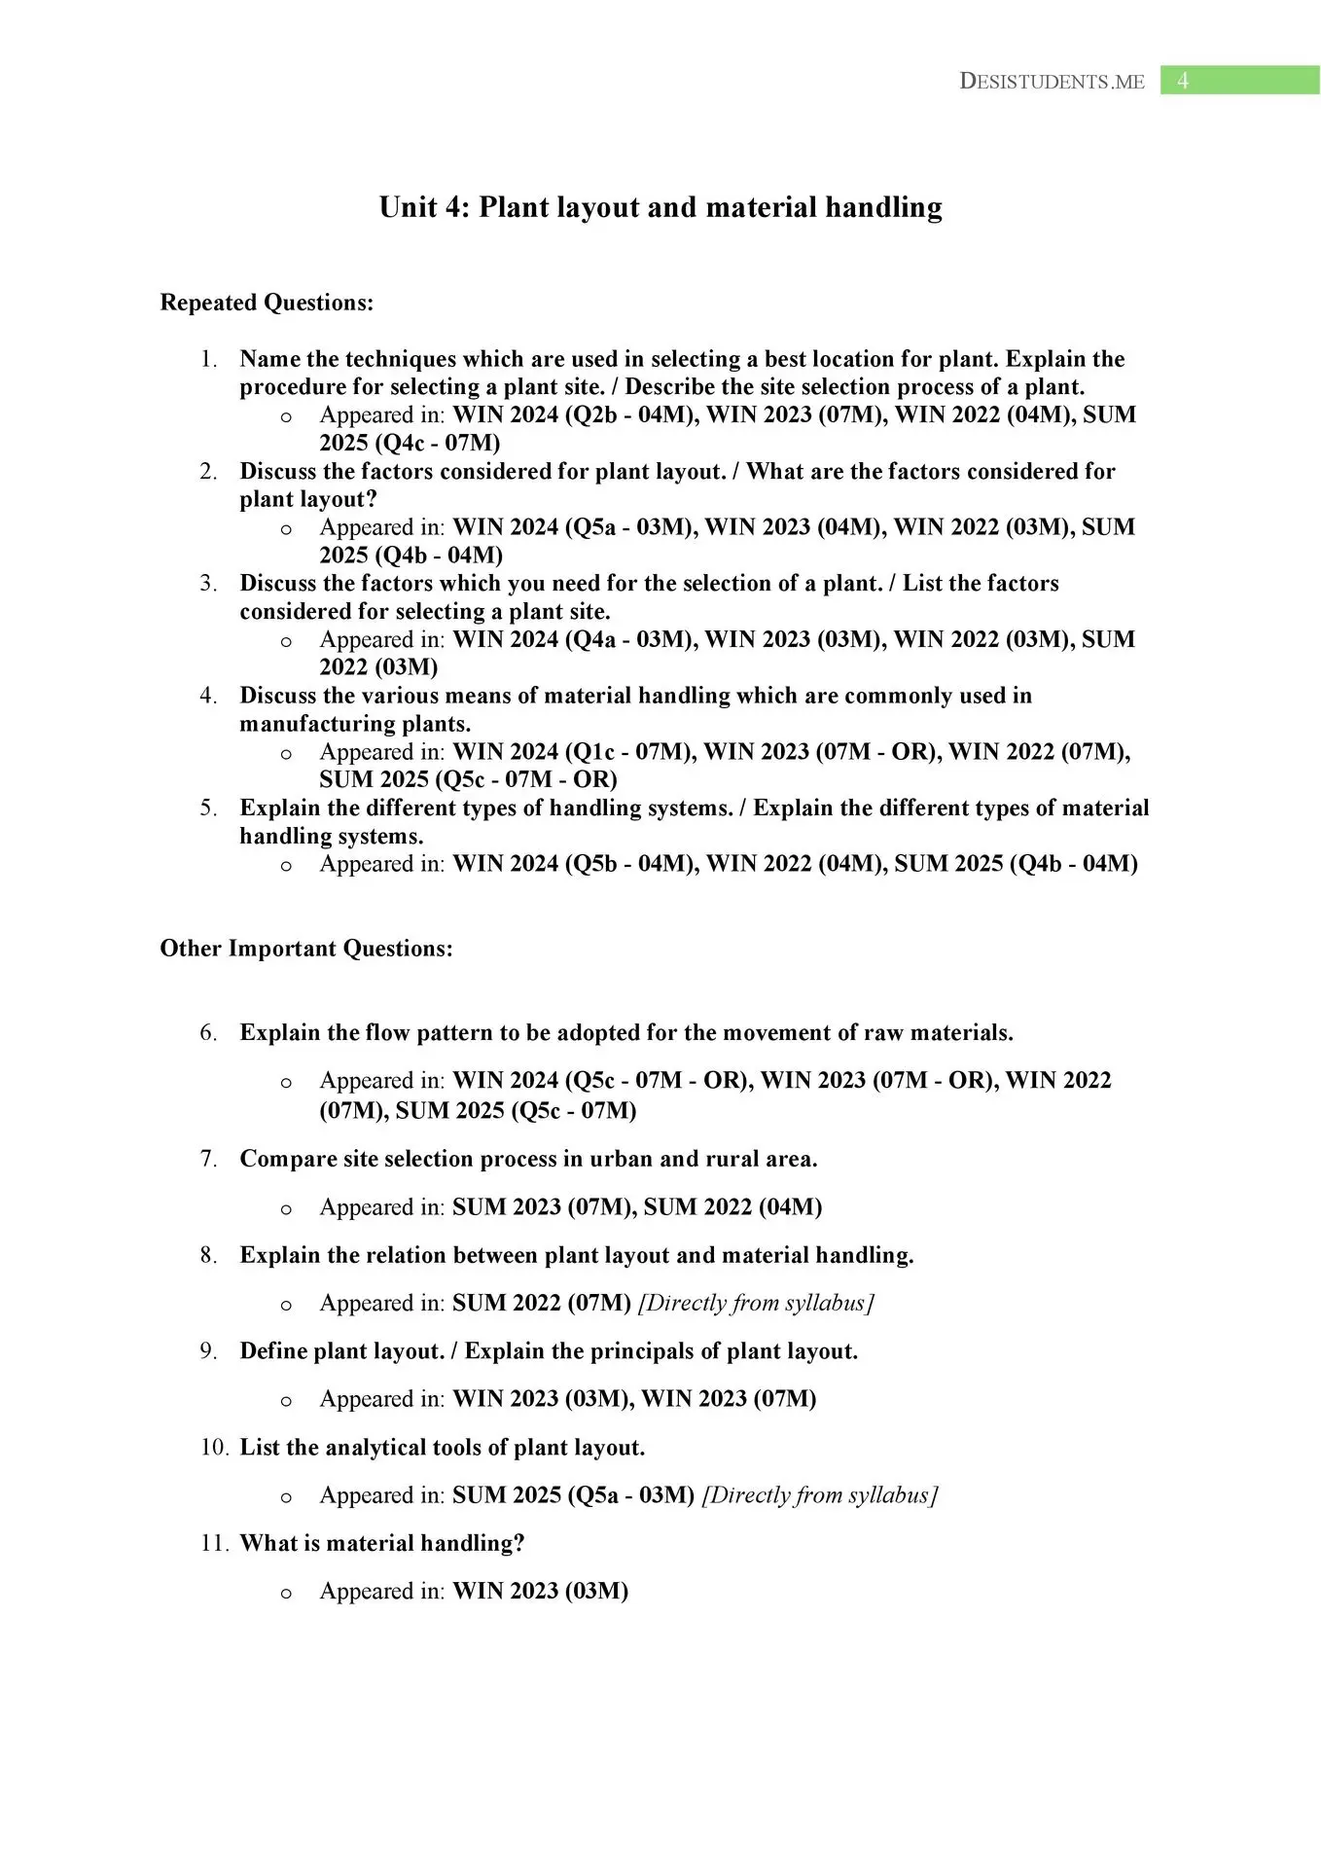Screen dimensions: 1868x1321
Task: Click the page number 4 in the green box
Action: point(1183,81)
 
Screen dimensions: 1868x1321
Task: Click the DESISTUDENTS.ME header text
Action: point(1052,82)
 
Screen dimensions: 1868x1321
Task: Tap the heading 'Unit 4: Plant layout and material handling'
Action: point(660,207)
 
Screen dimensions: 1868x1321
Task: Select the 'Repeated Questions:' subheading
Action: point(267,303)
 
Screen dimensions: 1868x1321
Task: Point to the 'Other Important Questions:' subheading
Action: point(306,949)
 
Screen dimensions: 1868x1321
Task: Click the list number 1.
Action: point(208,359)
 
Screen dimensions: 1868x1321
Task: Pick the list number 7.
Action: point(208,1159)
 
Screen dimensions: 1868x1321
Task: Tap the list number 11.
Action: point(213,1543)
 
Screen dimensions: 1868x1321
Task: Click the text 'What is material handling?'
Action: point(382,1543)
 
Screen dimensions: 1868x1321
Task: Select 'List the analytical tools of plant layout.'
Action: point(443,1448)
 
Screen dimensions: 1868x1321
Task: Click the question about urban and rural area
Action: point(528,1159)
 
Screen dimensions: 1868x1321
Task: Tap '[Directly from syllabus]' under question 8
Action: point(756,1303)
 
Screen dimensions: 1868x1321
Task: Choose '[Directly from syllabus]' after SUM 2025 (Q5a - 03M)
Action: point(819,1495)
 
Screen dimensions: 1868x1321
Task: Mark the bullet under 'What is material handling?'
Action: point(286,1593)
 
